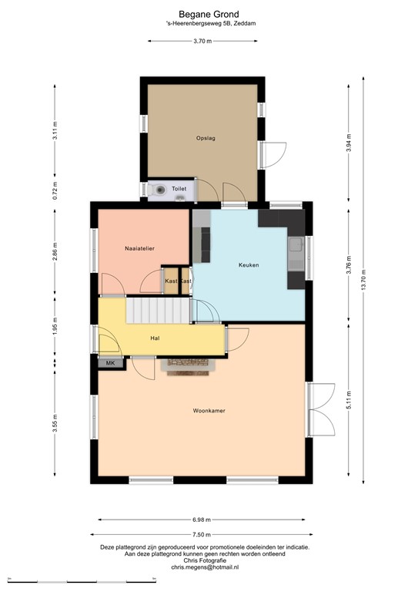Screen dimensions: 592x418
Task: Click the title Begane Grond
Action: click(x=209, y=14)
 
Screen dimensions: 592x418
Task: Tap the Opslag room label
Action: click(x=205, y=138)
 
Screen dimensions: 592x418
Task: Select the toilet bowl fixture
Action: click(x=159, y=189)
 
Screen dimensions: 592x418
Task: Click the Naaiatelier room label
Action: click(x=140, y=248)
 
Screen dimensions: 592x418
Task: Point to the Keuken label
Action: click(x=249, y=265)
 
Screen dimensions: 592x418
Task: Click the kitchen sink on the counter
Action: click(x=296, y=247)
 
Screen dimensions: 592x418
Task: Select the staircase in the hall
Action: click(x=157, y=311)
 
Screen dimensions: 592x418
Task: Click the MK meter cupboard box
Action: click(x=110, y=362)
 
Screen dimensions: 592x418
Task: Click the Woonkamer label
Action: click(x=209, y=411)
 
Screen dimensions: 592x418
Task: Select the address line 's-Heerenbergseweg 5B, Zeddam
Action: click(x=208, y=24)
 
